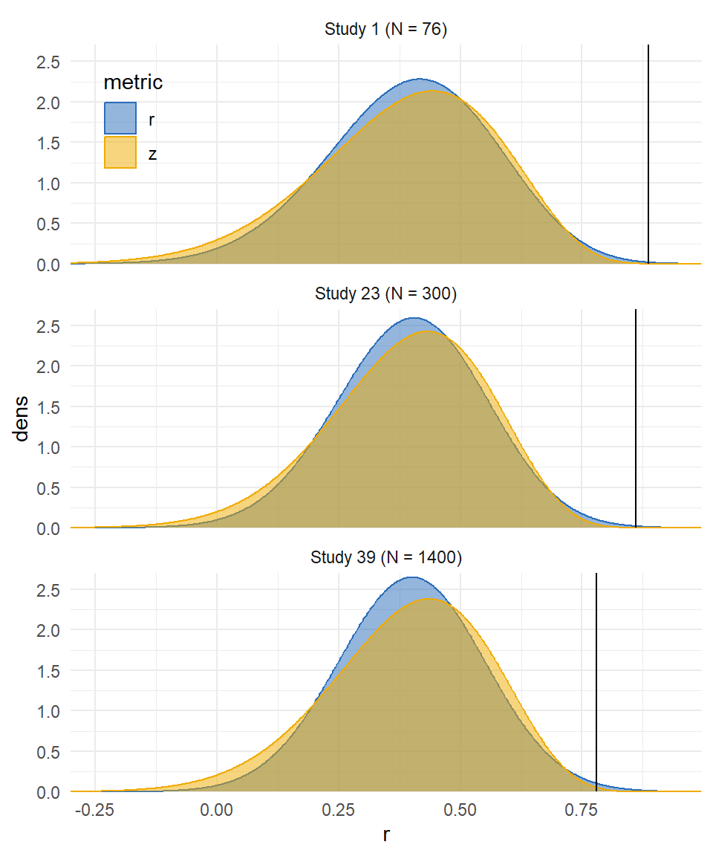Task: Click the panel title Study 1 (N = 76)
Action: [x=385, y=30]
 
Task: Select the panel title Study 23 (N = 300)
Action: [x=385, y=294]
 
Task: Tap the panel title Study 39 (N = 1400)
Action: [x=385, y=557]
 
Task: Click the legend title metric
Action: [x=133, y=82]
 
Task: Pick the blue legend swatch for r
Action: [x=120, y=118]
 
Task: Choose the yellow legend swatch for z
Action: [x=120, y=153]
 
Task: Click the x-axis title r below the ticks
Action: [x=385, y=835]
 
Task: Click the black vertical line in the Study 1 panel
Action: [x=648, y=149]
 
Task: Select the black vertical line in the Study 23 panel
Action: [x=636, y=416]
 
